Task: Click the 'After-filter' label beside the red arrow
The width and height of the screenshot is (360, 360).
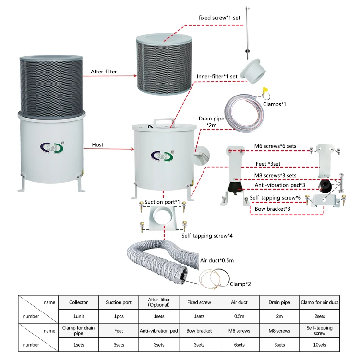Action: coord(104,72)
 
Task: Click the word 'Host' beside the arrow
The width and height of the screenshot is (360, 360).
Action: coord(97,144)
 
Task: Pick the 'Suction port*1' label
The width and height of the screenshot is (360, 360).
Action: coord(162,202)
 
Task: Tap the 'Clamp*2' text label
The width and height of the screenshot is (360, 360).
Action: coord(240,284)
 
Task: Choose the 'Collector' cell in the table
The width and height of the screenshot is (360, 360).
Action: coord(78,303)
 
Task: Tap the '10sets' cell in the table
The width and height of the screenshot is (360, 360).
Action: coord(320,345)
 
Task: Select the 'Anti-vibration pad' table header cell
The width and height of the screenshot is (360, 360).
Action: coord(159,331)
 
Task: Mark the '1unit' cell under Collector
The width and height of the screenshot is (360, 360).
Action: coord(78,317)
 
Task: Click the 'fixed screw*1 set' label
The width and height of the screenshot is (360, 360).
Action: coord(219,18)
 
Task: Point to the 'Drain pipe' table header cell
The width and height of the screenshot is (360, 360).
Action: coord(279,303)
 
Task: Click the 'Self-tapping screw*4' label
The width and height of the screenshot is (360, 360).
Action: coord(201,236)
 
